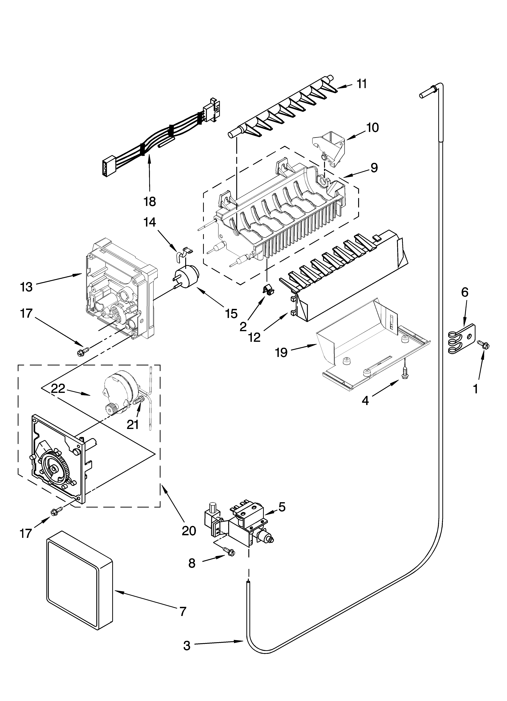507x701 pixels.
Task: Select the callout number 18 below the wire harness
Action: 150,202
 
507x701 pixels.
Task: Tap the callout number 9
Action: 374,168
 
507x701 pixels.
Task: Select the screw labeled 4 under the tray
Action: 404,375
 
